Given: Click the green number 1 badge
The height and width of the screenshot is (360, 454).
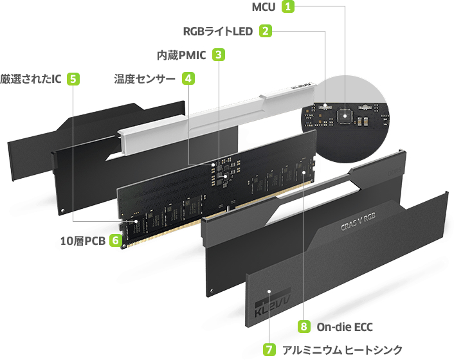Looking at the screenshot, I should pos(288,7).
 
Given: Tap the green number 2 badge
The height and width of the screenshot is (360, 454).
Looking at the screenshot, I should pos(266,30).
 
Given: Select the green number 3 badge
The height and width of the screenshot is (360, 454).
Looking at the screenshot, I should pos(219,55).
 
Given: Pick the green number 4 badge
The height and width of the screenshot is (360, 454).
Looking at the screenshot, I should pos(188,78).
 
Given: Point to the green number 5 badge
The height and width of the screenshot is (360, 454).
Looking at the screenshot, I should pos(73,78).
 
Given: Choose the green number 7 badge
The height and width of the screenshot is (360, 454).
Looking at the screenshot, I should pos(270,350).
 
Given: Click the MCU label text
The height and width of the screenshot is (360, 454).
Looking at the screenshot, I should pos(264,7).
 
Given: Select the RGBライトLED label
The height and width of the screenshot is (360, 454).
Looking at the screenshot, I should pos(219,31).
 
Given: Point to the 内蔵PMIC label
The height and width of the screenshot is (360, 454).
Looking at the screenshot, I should pos(181,55).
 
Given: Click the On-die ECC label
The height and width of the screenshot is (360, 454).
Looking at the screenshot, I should pos(345,327).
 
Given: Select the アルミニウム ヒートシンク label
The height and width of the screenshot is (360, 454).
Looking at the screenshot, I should pos(342,350).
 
